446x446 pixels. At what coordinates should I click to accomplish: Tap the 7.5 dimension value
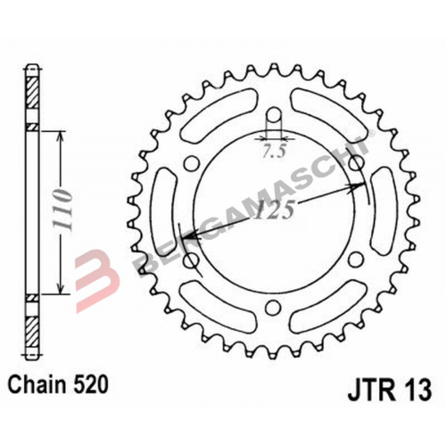[x=274, y=153]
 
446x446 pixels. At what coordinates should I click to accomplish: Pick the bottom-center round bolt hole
[x=274, y=308]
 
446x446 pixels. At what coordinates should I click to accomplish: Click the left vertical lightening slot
[x=164, y=211]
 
